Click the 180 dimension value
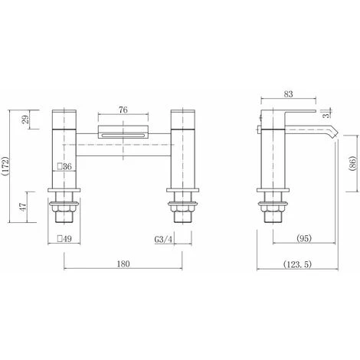pos(123,263)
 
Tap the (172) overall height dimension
pos(5,166)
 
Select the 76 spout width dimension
pos(123,110)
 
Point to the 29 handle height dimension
pos(25,119)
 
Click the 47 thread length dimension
pos(23,207)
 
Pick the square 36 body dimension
pos(64,167)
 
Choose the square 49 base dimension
pos(64,239)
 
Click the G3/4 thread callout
pos(164,240)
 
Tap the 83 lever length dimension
pos(288,94)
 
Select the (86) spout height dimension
pos(352,163)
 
